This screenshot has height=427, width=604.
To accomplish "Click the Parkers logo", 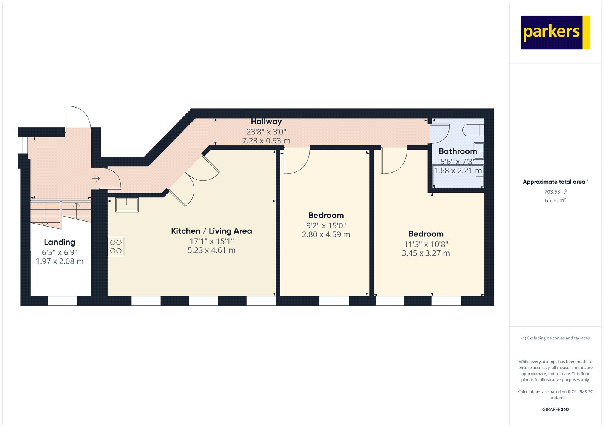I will pos(555,32).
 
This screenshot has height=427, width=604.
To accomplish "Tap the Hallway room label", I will pos(266,122).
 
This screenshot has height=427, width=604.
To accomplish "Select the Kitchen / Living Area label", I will pos(211,231).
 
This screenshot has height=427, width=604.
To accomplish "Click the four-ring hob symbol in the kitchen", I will pos(116,247).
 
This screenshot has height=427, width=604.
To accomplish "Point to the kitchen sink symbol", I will pos(126,205).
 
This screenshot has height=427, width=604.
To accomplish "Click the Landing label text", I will pos(60,242).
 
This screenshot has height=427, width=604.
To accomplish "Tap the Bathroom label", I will pos(458,151).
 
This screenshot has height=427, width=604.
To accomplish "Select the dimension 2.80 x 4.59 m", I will pos(326,235).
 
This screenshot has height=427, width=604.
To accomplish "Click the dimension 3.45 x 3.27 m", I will pos(425,253).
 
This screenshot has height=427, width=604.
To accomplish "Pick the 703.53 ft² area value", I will pos(555,192).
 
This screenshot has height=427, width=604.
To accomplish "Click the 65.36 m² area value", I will pos(555,200).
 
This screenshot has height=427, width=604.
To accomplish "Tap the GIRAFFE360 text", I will pos(555,409).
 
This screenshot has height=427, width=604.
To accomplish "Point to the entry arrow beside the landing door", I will pos(96,178).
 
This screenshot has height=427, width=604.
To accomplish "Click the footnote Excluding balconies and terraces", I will pos(555,338).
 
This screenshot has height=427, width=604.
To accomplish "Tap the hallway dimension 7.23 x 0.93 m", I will pos(266,141).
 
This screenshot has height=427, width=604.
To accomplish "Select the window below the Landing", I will pos(63,301).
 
